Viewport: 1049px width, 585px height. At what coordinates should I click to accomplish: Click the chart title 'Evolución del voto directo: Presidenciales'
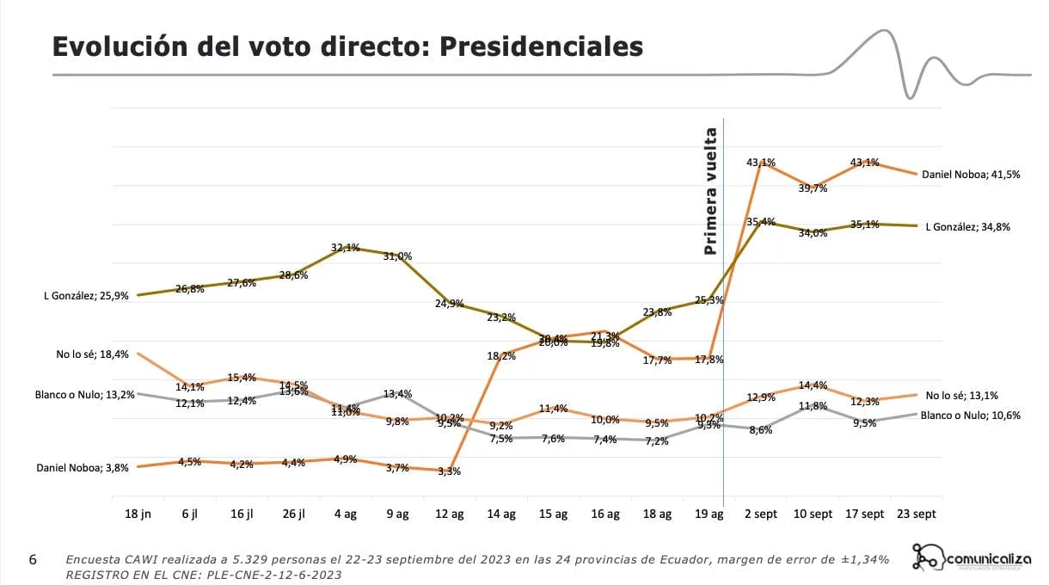click(x=347, y=46)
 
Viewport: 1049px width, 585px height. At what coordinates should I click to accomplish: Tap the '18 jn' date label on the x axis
click(x=138, y=514)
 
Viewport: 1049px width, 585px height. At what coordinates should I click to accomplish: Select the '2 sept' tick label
click(x=760, y=514)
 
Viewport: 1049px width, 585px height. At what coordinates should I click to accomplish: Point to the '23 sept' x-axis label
click(x=916, y=514)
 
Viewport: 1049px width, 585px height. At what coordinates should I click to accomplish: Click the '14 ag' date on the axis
click(x=500, y=514)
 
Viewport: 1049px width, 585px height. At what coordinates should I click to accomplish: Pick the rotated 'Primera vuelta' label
click(x=710, y=192)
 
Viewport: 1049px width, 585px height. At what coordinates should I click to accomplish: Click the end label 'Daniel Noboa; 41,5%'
click(x=971, y=174)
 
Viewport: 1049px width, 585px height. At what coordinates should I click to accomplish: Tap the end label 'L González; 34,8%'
click(x=968, y=227)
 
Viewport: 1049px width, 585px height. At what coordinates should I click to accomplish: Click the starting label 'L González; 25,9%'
click(x=86, y=296)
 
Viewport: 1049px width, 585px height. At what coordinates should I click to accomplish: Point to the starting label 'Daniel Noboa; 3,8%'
click(x=83, y=468)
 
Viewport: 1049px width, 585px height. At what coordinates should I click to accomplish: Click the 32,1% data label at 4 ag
click(x=345, y=248)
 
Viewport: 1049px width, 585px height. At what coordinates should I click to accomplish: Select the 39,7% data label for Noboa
click(x=813, y=188)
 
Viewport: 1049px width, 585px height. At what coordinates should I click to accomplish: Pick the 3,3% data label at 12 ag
click(x=449, y=471)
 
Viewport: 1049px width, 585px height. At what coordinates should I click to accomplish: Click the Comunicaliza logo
click(x=972, y=559)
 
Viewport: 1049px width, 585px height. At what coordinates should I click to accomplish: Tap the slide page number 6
click(x=33, y=560)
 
